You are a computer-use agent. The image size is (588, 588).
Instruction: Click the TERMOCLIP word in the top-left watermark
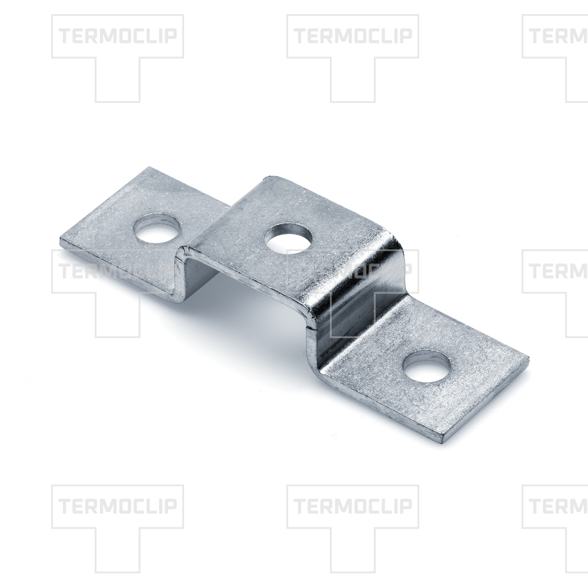(x=118, y=36)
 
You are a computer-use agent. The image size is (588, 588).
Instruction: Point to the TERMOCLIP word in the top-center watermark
(x=353, y=36)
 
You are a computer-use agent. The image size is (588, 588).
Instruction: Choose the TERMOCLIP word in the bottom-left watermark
(x=118, y=506)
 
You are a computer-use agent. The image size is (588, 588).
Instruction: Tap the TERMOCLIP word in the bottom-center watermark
(x=353, y=506)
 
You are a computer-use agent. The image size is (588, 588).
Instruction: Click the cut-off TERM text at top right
(x=559, y=36)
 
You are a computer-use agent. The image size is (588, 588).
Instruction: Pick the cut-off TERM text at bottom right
(x=559, y=506)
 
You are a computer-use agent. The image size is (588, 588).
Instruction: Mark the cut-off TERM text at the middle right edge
(x=559, y=271)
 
